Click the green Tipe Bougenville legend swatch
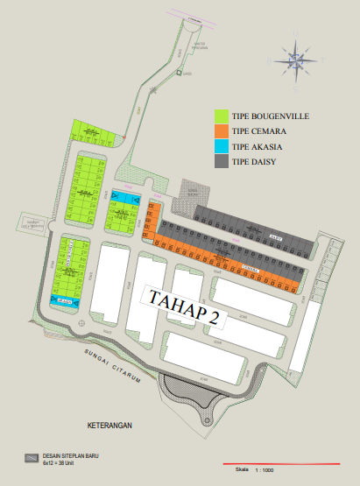[222, 116]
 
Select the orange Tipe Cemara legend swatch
[222, 131]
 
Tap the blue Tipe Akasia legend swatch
[222, 146]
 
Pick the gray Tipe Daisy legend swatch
[222, 161]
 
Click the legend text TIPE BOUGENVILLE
[269, 116]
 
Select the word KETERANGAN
[109, 425]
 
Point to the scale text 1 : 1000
[264, 470]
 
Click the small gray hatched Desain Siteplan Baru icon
[31, 456]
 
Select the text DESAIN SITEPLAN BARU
[68, 454]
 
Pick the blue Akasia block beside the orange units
[129, 200]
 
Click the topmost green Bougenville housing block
[90, 131]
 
